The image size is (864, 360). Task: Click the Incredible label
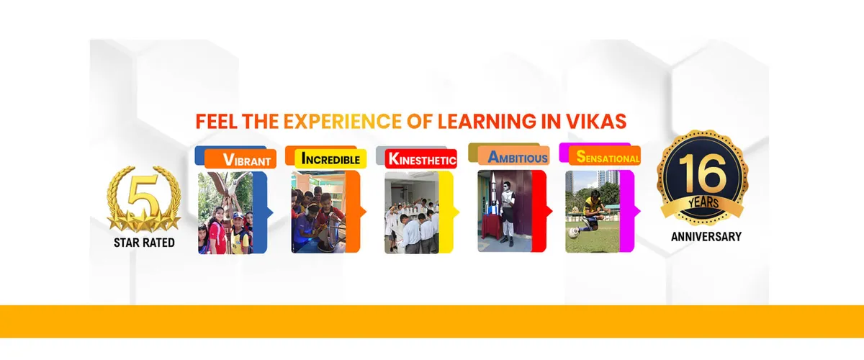tap(330, 158)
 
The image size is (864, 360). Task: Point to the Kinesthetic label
tap(421, 159)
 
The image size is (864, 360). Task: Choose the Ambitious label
tap(518, 157)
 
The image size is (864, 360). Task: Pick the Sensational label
tap(604, 158)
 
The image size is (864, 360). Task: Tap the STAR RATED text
tap(144, 243)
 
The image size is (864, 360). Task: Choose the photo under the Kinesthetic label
tap(411, 212)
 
